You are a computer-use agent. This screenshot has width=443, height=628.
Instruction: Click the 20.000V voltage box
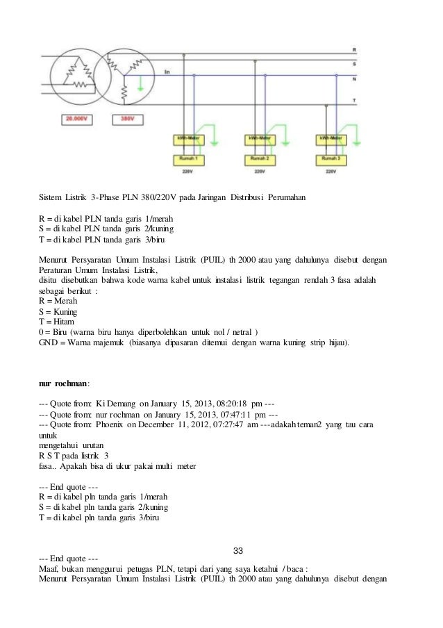(x=76, y=119)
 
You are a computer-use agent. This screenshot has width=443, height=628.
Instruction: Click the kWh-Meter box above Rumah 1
(x=186, y=139)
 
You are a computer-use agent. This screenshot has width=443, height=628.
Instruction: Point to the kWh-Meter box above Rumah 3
(x=333, y=139)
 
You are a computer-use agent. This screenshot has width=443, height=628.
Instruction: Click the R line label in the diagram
(x=355, y=51)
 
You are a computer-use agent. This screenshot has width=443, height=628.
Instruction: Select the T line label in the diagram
(x=355, y=101)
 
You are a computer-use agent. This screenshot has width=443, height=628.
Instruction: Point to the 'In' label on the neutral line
(x=166, y=72)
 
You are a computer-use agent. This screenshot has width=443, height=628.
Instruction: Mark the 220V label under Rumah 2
(x=259, y=170)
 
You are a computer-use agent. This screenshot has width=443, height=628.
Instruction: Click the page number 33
(x=237, y=551)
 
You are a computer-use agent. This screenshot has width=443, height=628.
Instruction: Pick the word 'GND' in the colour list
(x=49, y=342)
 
